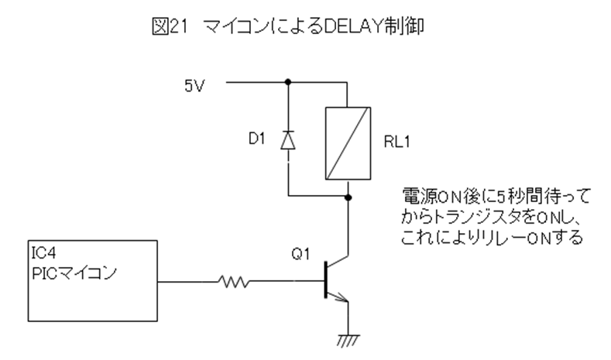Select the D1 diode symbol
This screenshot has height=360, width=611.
tap(288, 140)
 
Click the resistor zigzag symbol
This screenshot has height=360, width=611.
tap(234, 283)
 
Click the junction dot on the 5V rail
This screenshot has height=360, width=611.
tap(288, 81)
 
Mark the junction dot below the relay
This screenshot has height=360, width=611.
tap(348, 197)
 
